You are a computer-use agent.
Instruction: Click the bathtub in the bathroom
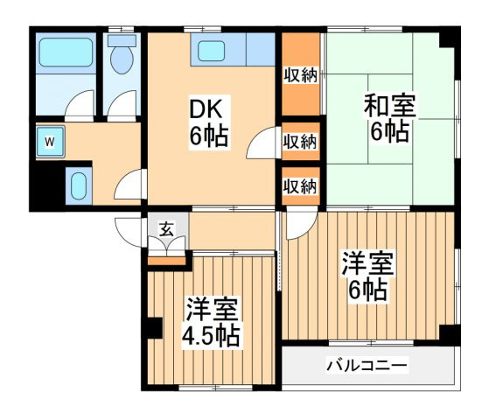66,52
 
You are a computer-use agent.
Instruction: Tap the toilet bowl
122,60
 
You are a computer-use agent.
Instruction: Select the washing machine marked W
50,142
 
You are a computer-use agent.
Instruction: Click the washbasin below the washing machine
78,186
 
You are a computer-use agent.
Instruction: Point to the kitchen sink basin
211,51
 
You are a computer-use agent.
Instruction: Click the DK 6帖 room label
209,122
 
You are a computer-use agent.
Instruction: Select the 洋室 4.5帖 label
212,323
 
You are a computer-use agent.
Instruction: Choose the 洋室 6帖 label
368,276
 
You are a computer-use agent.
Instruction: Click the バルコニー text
367,365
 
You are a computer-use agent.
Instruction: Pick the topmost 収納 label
301,75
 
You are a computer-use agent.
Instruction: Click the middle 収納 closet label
300,142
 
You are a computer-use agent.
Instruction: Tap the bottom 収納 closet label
300,186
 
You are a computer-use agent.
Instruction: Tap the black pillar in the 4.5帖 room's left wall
154,328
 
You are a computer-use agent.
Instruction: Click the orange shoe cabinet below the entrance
166,261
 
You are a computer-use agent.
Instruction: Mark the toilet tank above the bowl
122,40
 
